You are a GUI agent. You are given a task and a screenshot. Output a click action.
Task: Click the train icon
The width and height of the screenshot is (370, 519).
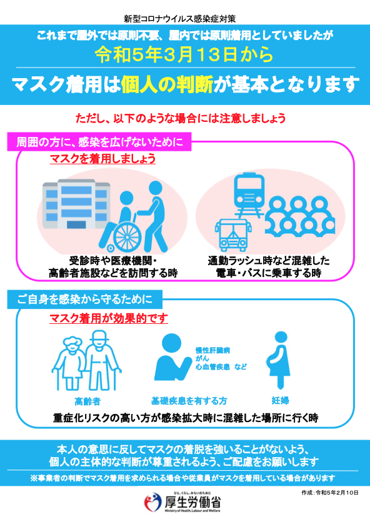[249, 194]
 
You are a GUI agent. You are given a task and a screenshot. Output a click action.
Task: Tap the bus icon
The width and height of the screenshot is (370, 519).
[232, 235]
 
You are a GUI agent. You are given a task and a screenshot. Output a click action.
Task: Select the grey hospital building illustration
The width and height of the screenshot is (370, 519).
[76, 204]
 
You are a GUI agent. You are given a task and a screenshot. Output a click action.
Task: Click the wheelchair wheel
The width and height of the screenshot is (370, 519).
[127, 236]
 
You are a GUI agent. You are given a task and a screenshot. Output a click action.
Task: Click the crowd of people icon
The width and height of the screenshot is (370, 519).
[300, 216]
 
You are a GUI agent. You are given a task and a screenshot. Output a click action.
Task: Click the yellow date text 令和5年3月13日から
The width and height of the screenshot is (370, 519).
[184, 54]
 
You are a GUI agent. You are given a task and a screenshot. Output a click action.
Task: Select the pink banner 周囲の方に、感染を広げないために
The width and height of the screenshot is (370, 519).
[99, 142]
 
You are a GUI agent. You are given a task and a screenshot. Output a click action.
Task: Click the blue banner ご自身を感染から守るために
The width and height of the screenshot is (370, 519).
[85, 300]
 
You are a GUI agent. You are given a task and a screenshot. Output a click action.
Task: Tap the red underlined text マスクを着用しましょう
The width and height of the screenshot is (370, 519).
[102, 159]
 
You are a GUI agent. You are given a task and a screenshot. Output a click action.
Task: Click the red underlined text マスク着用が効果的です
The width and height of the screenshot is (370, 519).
[109, 318]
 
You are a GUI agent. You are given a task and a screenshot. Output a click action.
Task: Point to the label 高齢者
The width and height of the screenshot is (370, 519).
[87, 401]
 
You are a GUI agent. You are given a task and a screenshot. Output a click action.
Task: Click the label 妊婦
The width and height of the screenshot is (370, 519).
[281, 400]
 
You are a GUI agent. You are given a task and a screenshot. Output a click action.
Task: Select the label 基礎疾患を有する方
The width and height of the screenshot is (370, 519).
[189, 401]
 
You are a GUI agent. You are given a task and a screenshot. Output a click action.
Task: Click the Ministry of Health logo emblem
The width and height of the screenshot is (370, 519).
[152, 502]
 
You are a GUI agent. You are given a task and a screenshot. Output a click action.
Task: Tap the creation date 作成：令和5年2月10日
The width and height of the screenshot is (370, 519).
[329, 493]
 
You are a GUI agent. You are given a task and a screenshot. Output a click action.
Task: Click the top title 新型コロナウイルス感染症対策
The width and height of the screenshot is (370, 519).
[180, 19]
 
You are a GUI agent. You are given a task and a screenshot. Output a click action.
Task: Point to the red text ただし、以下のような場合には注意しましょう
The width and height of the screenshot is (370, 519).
[181, 118]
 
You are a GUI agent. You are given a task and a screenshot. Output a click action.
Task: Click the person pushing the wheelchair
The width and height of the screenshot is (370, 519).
[154, 217]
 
